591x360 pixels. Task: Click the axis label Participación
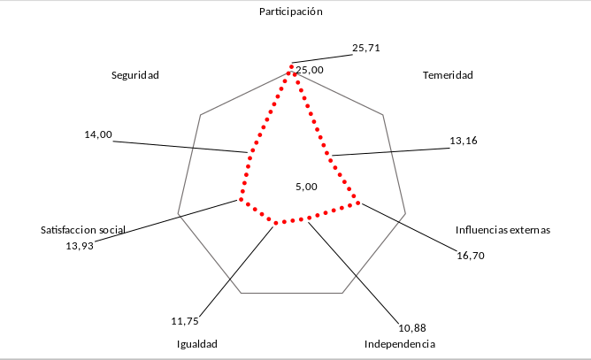[x=291, y=12]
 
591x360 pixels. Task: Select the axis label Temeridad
[x=448, y=75]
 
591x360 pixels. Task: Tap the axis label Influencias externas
[x=503, y=230]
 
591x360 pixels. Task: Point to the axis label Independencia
[x=400, y=343]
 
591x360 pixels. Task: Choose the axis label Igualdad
[x=196, y=343]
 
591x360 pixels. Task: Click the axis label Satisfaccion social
[x=83, y=230]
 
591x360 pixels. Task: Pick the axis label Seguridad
[x=134, y=75]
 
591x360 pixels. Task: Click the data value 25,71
[x=366, y=49]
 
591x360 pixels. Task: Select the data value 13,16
[x=464, y=141]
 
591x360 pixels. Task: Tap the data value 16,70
[x=471, y=256]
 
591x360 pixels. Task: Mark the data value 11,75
[x=185, y=319]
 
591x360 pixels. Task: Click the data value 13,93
[x=80, y=245]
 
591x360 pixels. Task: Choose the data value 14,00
[x=98, y=134]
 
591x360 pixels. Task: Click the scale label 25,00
[x=310, y=70]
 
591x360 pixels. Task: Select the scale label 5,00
[x=305, y=187]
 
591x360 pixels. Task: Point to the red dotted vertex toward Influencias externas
[x=359, y=203]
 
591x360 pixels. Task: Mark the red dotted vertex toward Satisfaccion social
[x=238, y=200]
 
